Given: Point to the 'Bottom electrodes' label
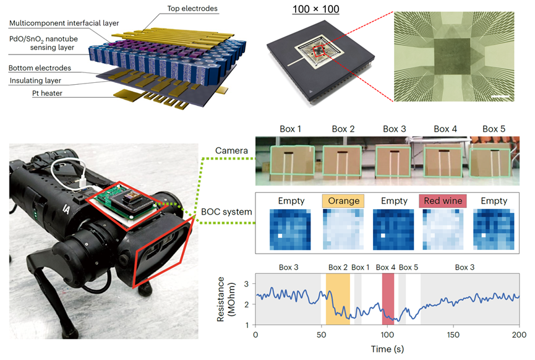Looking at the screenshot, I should [40, 67].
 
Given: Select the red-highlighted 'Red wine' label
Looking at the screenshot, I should [442, 201].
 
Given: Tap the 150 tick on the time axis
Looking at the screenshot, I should [454, 335].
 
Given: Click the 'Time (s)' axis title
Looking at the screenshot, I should [387, 349].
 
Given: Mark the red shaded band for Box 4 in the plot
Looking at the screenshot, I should [388, 299].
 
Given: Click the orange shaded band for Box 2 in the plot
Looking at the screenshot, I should [338, 299].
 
